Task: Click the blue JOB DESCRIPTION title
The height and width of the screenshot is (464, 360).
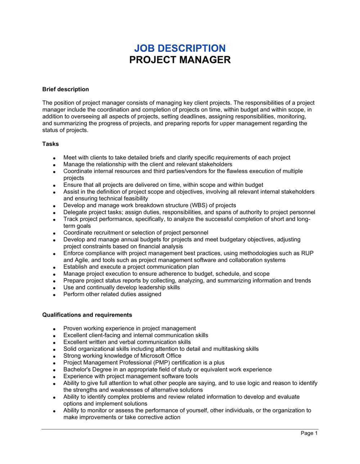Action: coord(180,48)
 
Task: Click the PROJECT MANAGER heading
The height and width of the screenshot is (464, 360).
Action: coord(180,60)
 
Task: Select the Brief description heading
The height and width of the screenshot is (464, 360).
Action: coord(66,89)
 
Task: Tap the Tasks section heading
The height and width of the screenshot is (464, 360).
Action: coord(50,144)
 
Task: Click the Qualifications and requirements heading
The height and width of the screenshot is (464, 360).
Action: coord(87,315)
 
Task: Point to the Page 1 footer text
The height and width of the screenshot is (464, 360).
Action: coord(309,433)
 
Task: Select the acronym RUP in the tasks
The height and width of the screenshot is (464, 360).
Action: coord(307,253)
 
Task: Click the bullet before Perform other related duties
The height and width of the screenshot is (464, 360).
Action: coord(54,295)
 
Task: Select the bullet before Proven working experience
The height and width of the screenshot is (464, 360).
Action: coord(54,329)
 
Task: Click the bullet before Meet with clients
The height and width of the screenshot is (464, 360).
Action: coord(54,158)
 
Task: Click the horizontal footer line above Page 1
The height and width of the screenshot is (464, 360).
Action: coord(180,429)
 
